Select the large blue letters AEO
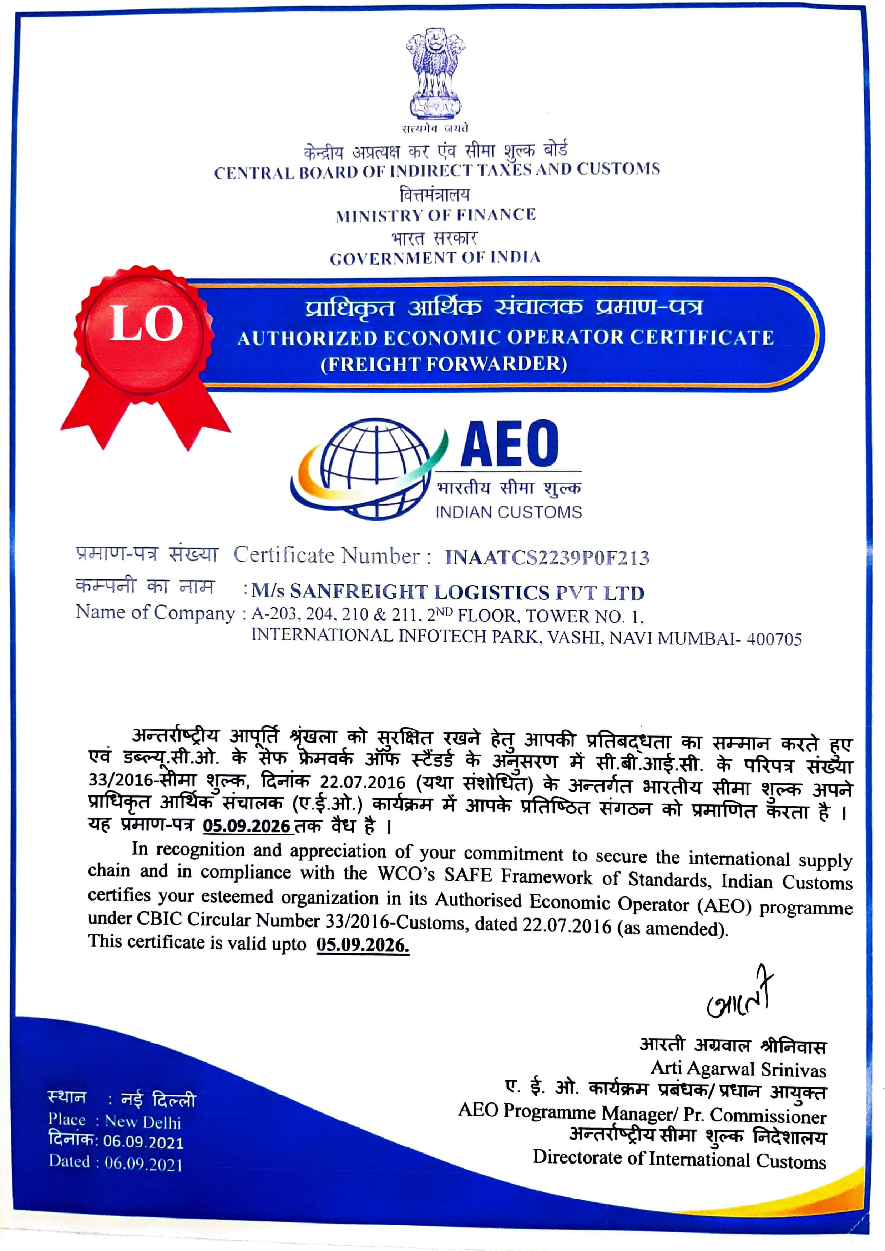coord(510,444)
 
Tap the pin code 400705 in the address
coord(774,639)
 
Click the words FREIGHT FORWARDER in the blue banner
coord(444,363)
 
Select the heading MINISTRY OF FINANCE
coord(435,215)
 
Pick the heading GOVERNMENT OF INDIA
coord(435,258)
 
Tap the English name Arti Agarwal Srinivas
coord(738,1069)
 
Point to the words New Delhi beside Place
coord(143,1122)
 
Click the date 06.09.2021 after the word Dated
coord(143,1164)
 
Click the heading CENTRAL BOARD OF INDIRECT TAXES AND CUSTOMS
coord(436,171)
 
